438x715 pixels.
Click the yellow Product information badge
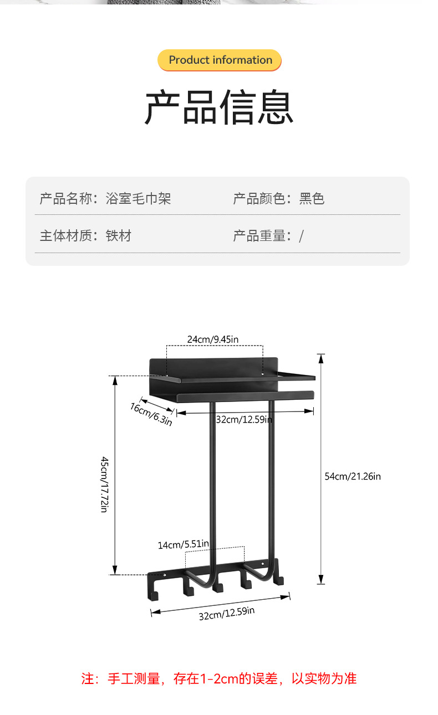[x=220, y=60]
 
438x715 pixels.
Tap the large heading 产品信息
[x=219, y=107]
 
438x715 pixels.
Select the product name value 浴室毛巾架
[x=138, y=199]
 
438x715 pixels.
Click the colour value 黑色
[x=312, y=199]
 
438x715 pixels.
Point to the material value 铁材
[x=119, y=236]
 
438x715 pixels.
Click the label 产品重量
[x=259, y=236]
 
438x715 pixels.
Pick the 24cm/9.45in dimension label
[x=212, y=340]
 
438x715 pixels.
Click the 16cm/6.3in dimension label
[x=151, y=414]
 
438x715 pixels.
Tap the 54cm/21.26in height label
[x=353, y=476]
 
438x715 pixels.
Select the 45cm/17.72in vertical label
[x=104, y=484]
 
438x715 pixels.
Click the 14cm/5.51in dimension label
[x=183, y=545]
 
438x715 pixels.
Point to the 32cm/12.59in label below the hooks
[x=227, y=614]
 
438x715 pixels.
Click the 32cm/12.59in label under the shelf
[x=244, y=419]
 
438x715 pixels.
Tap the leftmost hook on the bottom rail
[x=155, y=593]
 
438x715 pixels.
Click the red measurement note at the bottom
[x=219, y=678]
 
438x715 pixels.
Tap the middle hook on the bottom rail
[x=217, y=586]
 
